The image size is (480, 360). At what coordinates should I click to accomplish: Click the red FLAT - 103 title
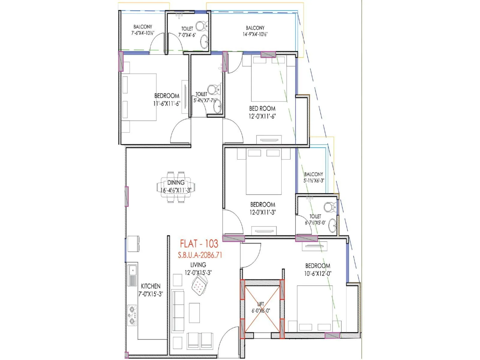(x=199, y=243)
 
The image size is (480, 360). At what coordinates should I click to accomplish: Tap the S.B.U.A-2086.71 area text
(x=200, y=255)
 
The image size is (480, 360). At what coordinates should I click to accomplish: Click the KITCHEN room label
(x=151, y=286)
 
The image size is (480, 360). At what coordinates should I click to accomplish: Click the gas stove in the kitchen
(x=132, y=315)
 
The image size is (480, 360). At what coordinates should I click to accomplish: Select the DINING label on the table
(x=176, y=182)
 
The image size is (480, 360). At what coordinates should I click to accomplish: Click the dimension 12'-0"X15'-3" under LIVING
(x=198, y=273)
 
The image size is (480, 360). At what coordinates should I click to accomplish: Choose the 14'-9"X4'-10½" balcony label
(x=255, y=34)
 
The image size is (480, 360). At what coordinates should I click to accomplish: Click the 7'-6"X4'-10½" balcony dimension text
(x=142, y=33)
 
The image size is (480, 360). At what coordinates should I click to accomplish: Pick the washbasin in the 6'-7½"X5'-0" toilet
(x=332, y=226)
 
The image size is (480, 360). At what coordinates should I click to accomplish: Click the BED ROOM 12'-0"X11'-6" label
(x=262, y=112)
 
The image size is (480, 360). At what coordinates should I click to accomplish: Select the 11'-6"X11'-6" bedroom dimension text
(x=167, y=103)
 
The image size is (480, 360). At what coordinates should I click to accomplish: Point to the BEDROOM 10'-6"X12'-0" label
(x=318, y=269)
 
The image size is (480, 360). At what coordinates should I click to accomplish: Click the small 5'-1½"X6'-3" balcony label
(x=313, y=181)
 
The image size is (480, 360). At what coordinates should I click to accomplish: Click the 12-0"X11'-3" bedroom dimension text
(x=263, y=212)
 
